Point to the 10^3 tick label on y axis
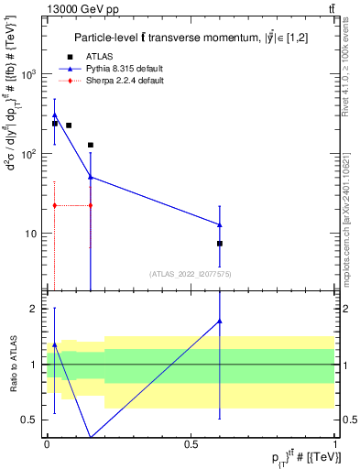[31, 74]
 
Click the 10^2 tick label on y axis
[31, 154]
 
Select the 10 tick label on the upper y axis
[34, 234]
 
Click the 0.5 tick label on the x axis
[191, 442]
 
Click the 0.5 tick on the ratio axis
[35, 420]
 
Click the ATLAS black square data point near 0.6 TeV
[220, 244]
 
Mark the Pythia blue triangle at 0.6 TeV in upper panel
[220, 224]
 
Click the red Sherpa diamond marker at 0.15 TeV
[90, 205]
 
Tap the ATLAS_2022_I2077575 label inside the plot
[191, 274]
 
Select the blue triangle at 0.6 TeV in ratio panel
[220, 321]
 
